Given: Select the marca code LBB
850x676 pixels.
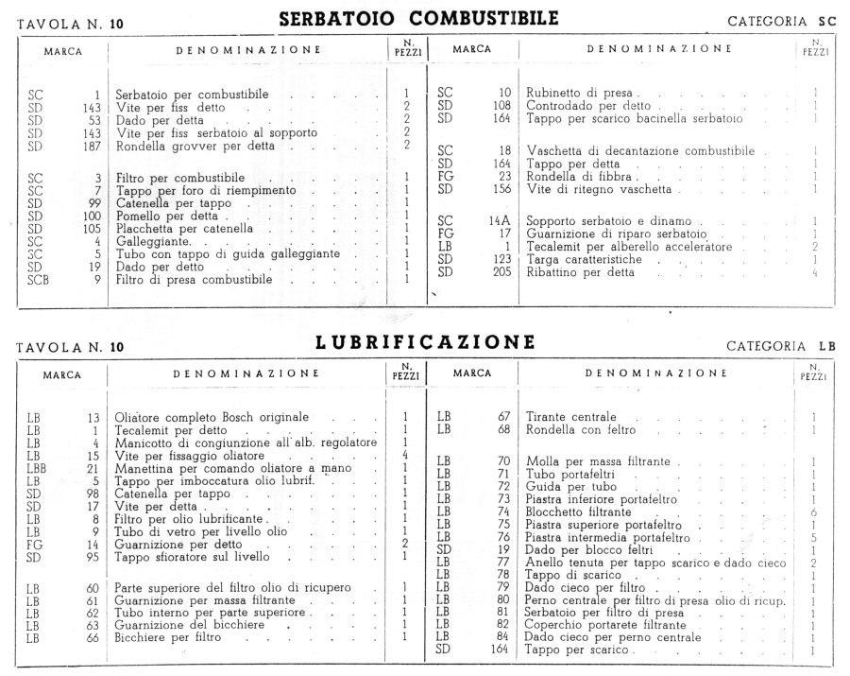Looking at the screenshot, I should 39,469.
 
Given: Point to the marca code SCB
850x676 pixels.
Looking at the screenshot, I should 39,280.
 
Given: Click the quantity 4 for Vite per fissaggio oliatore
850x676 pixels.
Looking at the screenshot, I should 404,456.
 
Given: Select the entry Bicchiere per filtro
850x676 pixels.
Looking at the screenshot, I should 168,637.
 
